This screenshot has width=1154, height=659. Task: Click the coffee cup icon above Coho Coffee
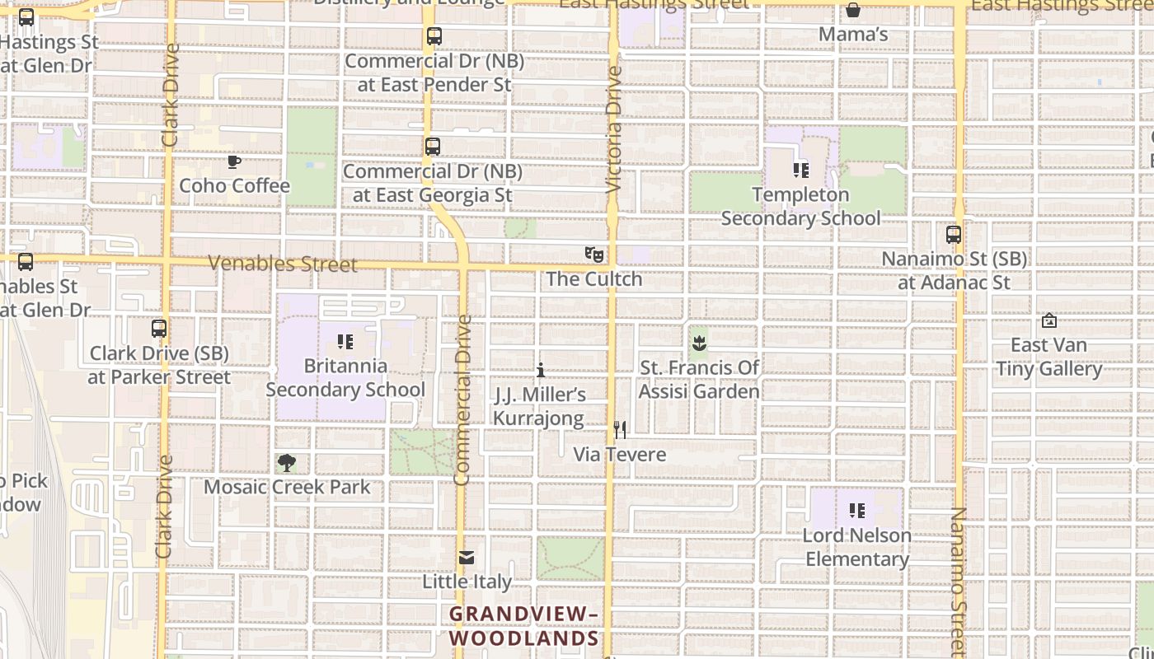(234, 161)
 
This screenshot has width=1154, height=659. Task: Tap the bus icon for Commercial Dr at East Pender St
(434, 36)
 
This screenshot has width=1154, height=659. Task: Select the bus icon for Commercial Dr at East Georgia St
(433, 147)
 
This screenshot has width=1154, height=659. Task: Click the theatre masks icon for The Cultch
(593, 255)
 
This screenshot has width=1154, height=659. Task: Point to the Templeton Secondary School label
(800, 207)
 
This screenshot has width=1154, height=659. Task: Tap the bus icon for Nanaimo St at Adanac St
(954, 235)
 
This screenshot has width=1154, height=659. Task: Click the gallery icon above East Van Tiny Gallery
(1049, 320)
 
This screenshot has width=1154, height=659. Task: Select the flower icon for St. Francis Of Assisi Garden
(699, 343)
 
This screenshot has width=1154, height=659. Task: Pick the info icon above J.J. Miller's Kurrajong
(541, 371)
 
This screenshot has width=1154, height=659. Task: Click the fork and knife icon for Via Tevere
(620, 430)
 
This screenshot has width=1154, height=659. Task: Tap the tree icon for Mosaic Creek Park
(287, 463)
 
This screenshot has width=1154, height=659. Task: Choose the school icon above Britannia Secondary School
(345, 341)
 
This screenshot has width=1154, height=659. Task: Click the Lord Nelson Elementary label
(857, 548)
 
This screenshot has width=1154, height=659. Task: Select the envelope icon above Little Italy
(467, 558)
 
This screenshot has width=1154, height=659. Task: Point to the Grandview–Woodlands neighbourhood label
(524, 626)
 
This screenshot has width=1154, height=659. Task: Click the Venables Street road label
(282, 264)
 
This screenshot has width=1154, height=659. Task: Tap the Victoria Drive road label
(613, 130)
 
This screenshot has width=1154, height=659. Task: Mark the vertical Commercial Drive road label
(462, 400)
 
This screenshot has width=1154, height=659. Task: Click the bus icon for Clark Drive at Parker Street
(159, 329)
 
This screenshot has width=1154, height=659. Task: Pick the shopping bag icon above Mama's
(853, 11)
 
